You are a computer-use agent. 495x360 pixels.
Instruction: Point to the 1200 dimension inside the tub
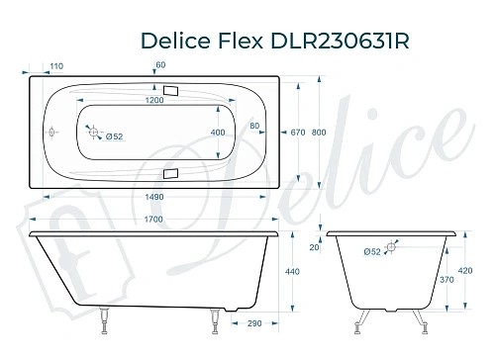pos(153,102)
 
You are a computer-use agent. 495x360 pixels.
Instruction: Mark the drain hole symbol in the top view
pos(94,130)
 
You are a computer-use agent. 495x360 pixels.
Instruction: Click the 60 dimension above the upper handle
pos(160,66)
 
